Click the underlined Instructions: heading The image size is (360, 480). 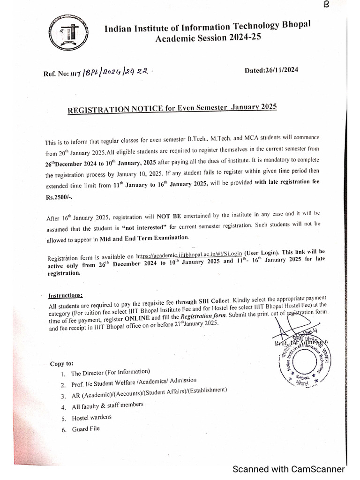coord(66,295)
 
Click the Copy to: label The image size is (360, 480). coord(61,364)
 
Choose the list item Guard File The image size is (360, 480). coord(86,428)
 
